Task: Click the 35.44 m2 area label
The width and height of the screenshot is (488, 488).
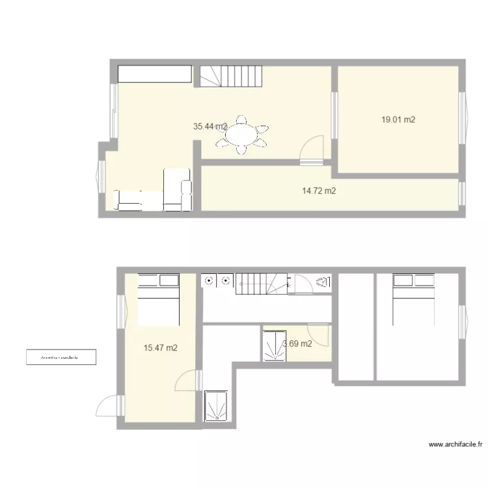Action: [x=210, y=127]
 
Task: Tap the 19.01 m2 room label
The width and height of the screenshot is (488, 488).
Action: [x=398, y=120]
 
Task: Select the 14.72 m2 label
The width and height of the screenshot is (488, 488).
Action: [x=319, y=191]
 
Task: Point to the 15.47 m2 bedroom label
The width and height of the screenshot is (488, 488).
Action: [x=160, y=348]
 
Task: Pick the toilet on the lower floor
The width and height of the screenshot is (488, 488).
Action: [x=323, y=282]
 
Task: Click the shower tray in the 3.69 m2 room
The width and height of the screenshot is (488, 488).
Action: [x=273, y=345]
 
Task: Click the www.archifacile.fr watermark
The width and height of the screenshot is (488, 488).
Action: [x=455, y=445]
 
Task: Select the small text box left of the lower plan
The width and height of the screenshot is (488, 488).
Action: [x=60, y=357]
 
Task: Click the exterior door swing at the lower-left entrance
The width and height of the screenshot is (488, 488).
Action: [x=108, y=406]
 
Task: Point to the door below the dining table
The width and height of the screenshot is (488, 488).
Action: [x=313, y=147]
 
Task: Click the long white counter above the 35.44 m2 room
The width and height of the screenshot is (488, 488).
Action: [x=155, y=74]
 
